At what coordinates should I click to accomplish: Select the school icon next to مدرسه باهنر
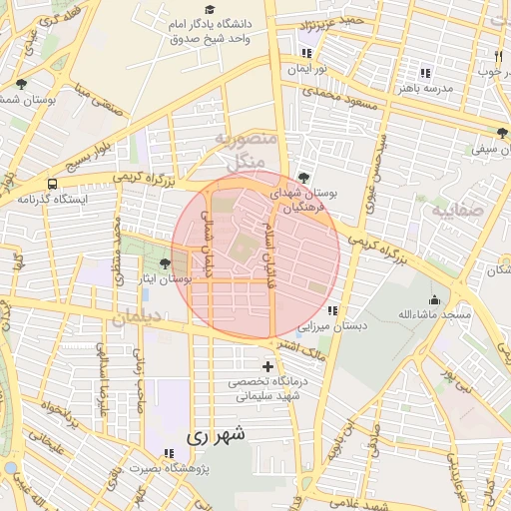point(425,73)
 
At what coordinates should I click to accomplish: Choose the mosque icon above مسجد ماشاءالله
point(434,299)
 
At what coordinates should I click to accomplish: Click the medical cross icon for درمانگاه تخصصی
point(266,367)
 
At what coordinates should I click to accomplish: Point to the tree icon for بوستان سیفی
point(500,133)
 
